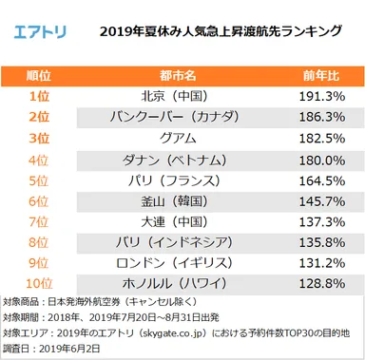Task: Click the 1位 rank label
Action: tap(37, 97)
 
